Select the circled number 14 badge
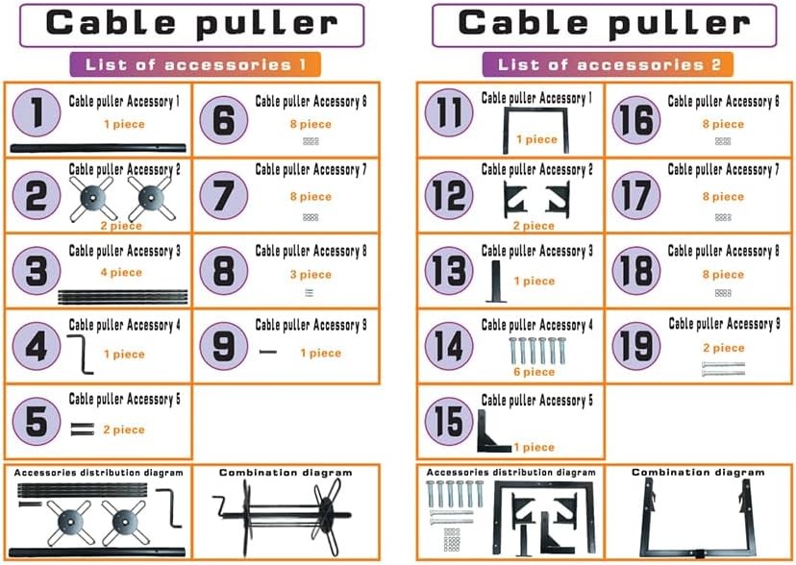tap(448, 345)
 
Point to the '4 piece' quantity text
tap(123, 273)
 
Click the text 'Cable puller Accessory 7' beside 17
tap(723, 170)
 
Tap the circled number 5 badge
tap(37, 420)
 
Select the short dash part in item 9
tap(268, 352)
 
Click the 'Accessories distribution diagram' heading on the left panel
tap(98, 473)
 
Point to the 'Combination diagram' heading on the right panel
tap(698, 473)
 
